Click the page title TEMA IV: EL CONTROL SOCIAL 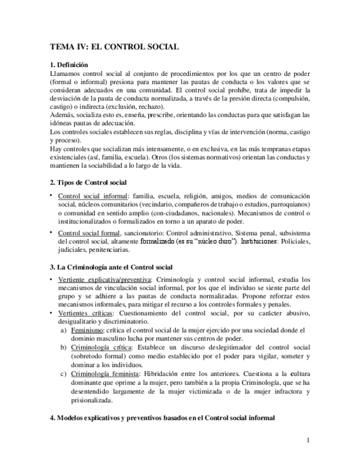pyautogui.click(x=114, y=47)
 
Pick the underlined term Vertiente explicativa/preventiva pyautogui.click(x=103, y=279)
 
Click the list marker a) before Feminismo pyautogui.click(x=63, y=330)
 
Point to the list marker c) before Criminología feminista pyautogui.click(x=63, y=374)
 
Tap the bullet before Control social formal pyautogui.click(x=51, y=231)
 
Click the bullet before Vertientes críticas pyautogui.click(x=51, y=312)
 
